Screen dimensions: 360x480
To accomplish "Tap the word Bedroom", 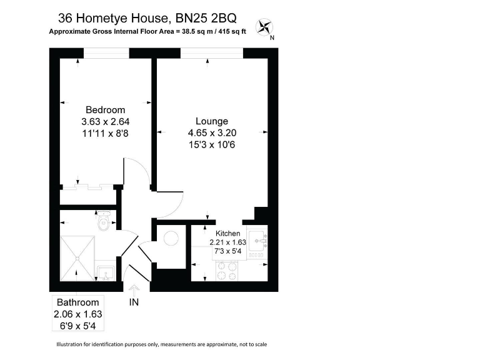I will click(x=105, y=110).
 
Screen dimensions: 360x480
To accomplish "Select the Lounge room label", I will click(x=212, y=121).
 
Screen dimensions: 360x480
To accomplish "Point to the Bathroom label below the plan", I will click(x=78, y=302).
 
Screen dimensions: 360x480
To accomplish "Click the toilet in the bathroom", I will click(x=103, y=221).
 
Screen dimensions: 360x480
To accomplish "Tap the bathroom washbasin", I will click(x=105, y=272).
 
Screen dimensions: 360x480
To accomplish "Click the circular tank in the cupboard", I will click(x=170, y=237).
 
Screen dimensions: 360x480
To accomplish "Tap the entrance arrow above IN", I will click(x=134, y=289).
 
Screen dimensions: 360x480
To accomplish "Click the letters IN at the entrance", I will click(x=134, y=303).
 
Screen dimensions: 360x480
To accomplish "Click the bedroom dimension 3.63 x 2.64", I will click(x=105, y=122).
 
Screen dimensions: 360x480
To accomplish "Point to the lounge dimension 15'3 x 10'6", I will click(x=212, y=144).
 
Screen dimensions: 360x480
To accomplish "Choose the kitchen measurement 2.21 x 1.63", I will click(x=227, y=242).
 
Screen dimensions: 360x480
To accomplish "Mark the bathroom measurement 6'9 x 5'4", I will click(x=78, y=326).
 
